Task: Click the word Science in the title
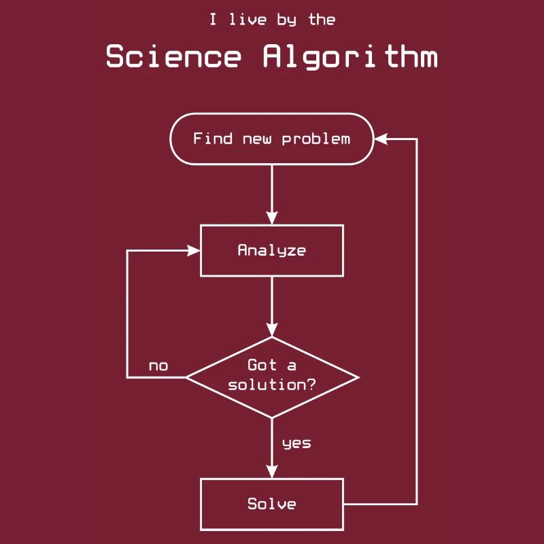coord(173,56)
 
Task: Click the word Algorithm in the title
coord(350,56)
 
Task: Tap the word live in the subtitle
coord(248,20)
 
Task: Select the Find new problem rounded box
coord(272,139)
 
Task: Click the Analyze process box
coord(272,250)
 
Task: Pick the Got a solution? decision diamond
coord(272,377)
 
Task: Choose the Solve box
coord(272,504)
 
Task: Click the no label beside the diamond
coord(158,367)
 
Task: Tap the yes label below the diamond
coord(296,443)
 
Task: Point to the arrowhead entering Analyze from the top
coord(272,218)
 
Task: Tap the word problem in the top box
coord(316,139)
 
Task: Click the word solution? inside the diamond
coord(272,385)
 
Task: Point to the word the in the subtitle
coord(322,20)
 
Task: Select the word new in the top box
coord(257,139)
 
